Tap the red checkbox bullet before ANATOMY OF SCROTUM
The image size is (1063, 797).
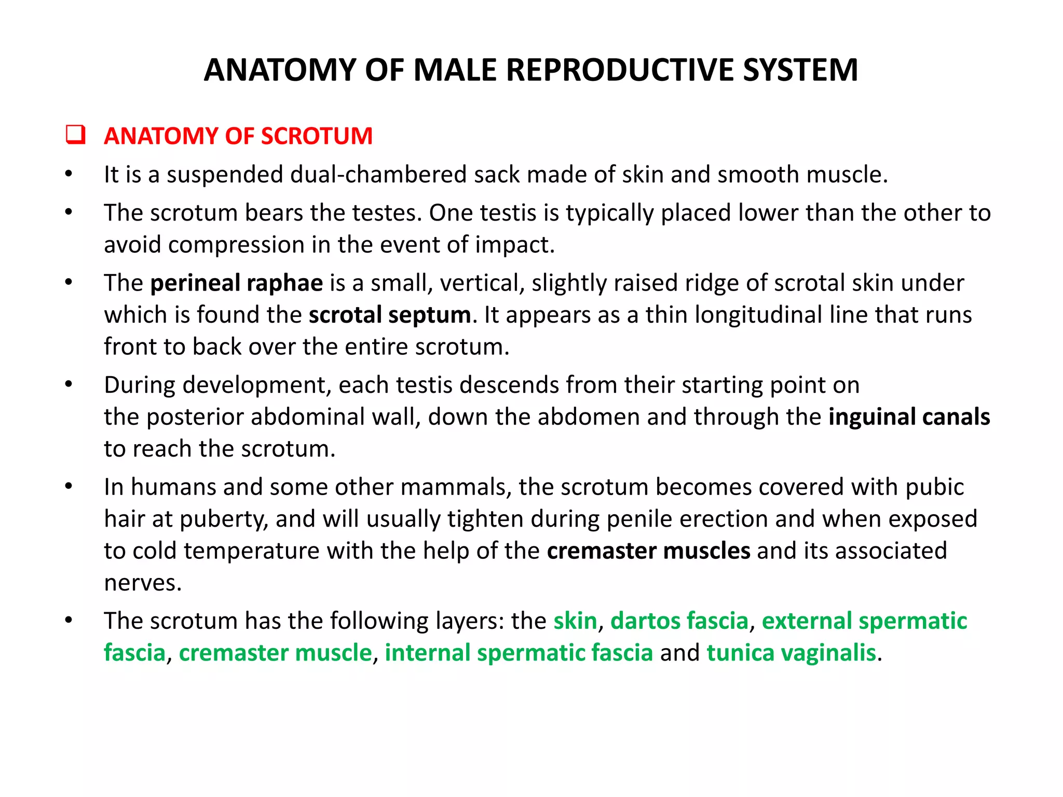(75, 135)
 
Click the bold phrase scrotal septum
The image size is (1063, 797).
(390, 315)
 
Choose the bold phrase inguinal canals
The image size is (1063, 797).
(909, 417)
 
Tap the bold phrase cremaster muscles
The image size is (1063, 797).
(648, 551)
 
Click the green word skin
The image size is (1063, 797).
(575, 621)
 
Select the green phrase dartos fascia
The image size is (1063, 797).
(679, 621)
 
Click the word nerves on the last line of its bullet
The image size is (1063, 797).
(143, 583)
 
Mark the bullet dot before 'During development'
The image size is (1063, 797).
(69, 385)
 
